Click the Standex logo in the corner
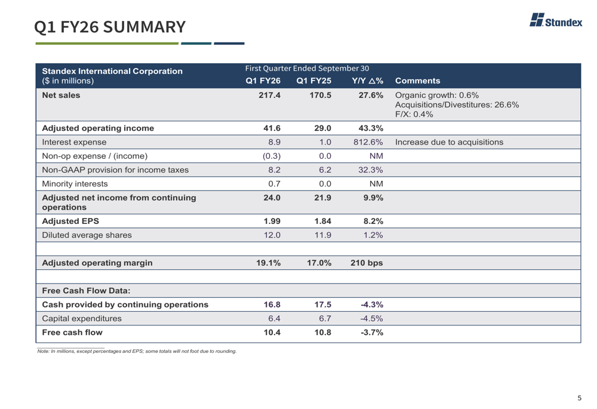coord(556,21)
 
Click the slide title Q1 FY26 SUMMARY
coord(110,27)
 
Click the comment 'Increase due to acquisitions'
coord(450,142)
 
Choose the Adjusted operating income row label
coord(98,127)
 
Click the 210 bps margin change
coord(367,262)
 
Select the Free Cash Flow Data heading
coord(86,291)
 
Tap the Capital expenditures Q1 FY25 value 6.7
coord(323,318)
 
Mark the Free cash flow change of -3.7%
coord(371,333)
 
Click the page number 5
coord(578,398)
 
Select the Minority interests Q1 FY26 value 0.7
coord(273,183)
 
